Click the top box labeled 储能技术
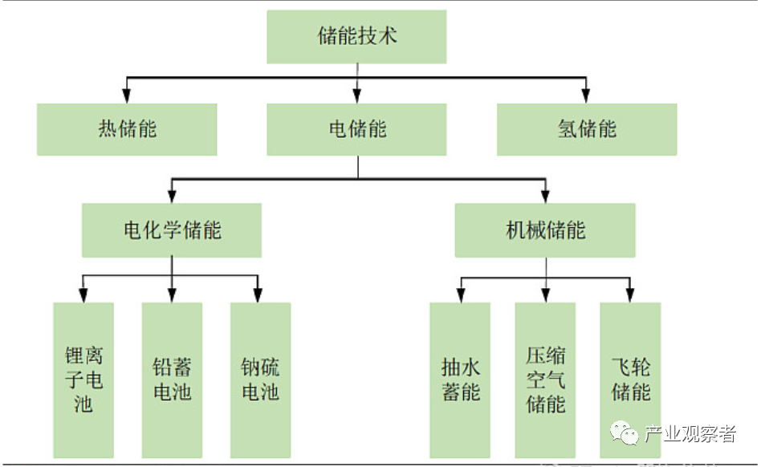356,37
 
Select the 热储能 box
127,129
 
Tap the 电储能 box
356,129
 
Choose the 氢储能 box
587,129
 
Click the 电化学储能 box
172,230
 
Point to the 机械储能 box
545,230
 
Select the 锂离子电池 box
83,380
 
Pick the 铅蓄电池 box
172,380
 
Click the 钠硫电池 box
260,380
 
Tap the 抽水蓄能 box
460,380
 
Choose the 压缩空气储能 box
545,380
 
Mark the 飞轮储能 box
630,380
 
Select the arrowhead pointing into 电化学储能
172,196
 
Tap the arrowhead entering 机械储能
545,196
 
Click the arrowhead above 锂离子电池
83,294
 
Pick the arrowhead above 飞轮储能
630,294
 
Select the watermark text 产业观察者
691,435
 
